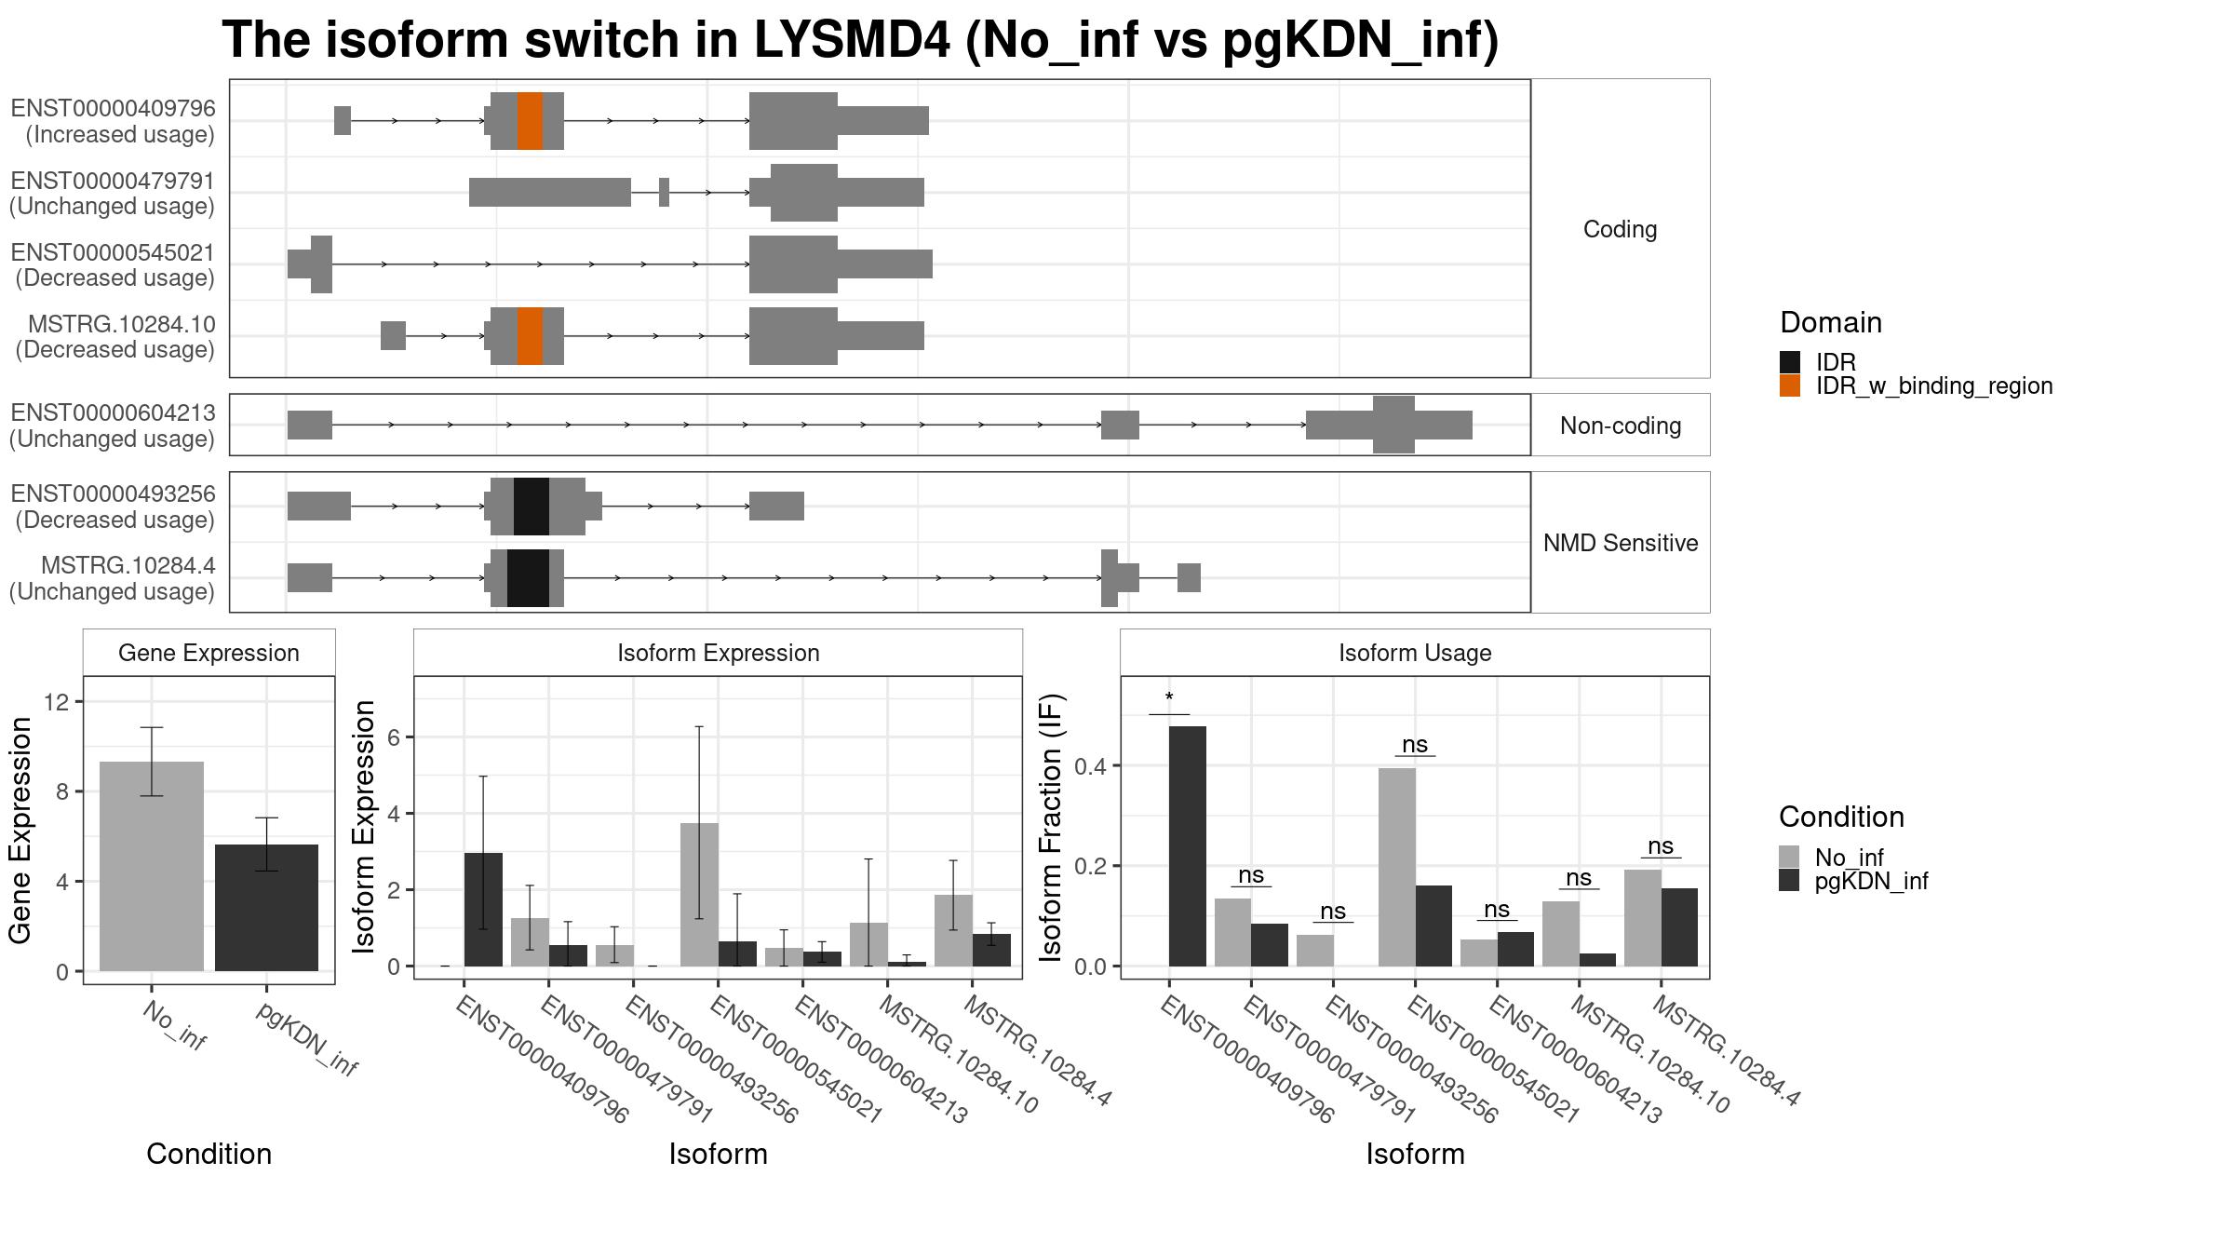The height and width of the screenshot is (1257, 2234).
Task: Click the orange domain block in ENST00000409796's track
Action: tap(530, 121)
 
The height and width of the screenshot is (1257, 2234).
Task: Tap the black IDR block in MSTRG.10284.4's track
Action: tap(528, 578)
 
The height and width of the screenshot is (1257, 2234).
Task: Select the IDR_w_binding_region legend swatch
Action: tap(1790, 385)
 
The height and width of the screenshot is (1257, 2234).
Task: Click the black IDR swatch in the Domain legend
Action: tap(1790, 362)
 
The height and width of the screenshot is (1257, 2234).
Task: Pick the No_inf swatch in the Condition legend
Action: tap(1789, 857)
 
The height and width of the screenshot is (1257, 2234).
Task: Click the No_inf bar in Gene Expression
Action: tap(152, 866)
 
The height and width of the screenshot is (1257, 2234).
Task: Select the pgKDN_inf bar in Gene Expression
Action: tap(266, 908)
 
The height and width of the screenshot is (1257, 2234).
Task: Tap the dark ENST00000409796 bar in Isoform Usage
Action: tap(1188, 846)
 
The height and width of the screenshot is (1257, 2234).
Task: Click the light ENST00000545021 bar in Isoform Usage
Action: tap(1397, 867)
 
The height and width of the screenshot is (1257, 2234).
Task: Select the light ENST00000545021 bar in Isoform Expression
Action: tap(699, 895)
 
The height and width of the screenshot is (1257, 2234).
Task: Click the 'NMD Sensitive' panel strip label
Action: tap(1621, 543)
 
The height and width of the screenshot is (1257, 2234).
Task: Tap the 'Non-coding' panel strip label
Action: tap(1621, 426)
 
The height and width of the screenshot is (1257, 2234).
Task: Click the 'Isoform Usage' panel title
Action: tap(1415, 653)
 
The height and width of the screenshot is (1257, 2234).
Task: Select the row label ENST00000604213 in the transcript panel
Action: tap(113, 412)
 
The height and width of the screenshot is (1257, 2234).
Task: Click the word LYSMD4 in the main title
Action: tap(853, 40)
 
